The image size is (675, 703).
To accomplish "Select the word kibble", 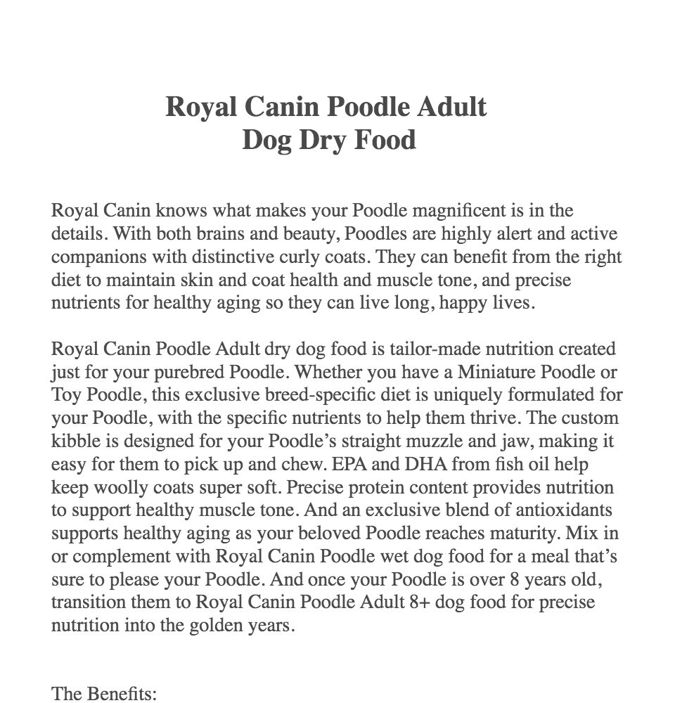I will tap(76, 441).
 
